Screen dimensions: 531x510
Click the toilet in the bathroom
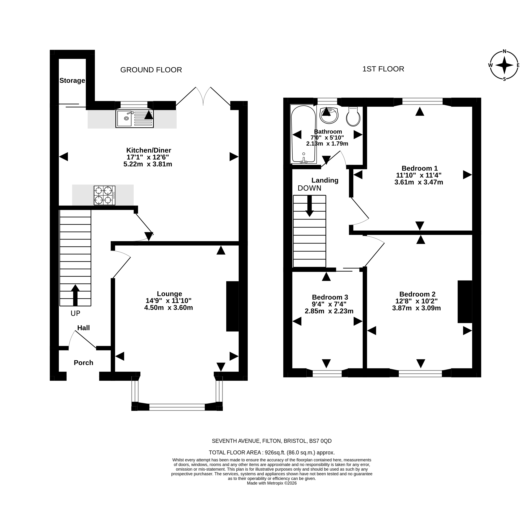tap(353, 116)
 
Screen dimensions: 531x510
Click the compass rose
tap(505, 65)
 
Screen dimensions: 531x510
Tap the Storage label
tap(72, 80)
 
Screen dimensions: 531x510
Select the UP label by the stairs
tap(75, 313)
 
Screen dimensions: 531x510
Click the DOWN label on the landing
tap(309, 188)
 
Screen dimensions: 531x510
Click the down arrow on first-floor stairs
tap(309, 206)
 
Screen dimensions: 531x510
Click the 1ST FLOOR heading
tap(383, 69)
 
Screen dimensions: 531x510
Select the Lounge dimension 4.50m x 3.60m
tap(169, 307)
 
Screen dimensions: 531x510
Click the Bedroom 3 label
tap(330, 297)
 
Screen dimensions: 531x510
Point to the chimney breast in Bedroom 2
tap(465, 302)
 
